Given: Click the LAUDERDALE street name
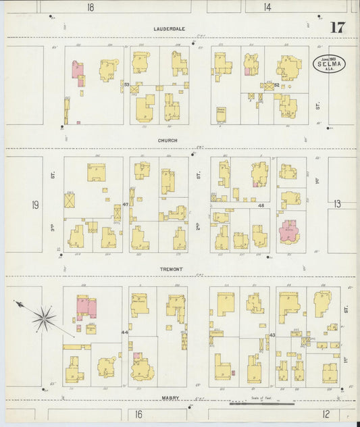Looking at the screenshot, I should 169,29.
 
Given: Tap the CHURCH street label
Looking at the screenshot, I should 168,141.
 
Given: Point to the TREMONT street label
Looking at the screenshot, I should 172,269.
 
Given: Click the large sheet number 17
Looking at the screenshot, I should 337,28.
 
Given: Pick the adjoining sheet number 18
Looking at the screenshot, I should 91,7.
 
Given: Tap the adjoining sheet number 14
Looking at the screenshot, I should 268,7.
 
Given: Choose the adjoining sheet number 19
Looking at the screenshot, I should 34,204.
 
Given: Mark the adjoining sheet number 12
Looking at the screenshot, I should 326,413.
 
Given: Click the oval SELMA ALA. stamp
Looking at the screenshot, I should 328,64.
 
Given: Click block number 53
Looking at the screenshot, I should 126,84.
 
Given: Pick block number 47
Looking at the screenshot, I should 126,204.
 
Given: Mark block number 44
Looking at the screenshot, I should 124,332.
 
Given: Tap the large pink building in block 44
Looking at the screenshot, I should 86,307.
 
